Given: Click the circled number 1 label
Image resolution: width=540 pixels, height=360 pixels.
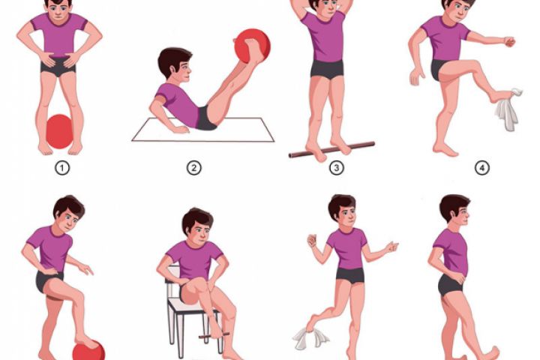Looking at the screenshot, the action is tap(62, 169).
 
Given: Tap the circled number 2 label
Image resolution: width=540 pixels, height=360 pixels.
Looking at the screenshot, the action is tap(194, 169).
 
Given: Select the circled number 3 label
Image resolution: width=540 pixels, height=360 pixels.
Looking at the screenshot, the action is tap(337, 168).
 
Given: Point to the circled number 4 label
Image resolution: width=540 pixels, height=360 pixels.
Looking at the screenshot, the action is tap(481, 168).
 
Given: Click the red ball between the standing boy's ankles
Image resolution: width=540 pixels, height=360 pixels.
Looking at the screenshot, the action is tap(59, 131).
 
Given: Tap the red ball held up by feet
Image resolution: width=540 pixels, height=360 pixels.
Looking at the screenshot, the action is tap(253, 46).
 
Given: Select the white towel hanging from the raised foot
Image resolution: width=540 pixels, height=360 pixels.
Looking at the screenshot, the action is tap(508, 110).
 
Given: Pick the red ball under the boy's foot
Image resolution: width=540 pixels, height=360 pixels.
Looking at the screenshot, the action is tap(88, 351).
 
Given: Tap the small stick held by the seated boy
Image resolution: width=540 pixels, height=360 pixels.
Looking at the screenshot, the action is tap(214, 334).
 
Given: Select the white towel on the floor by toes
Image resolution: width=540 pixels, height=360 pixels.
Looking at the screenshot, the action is tap(310, 337).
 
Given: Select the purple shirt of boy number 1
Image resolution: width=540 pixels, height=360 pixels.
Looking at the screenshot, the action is tap(59, 34).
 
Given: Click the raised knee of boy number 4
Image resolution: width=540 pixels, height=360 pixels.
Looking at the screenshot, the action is tap(473, 66).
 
